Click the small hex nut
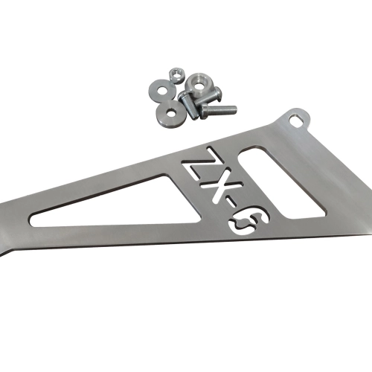click(176, 74)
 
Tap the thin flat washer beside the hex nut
click(161, 90)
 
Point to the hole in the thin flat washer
click(162, 90)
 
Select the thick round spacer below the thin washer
click(170, 112)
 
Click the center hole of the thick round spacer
click(170, 114)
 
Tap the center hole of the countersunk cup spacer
click(199, 86)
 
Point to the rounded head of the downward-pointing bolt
click(183, 95)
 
